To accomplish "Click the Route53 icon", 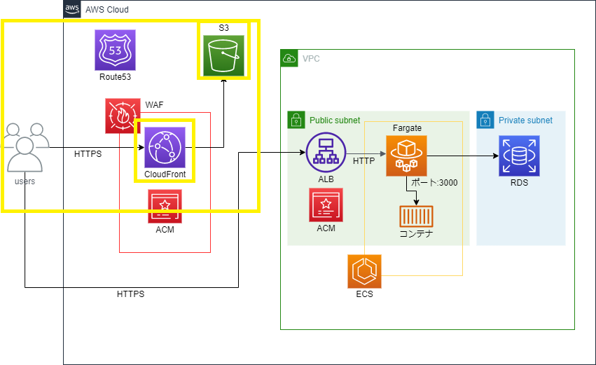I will [115, 50].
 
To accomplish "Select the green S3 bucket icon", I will [223, 55].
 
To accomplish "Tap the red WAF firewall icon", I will [123, 116].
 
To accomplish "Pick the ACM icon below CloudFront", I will [165, 207].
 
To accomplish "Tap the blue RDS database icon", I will [520, 156].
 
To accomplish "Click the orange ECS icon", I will [364, 272].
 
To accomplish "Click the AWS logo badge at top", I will [72, 8].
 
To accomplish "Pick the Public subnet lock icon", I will [296, 120].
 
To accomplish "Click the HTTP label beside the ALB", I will [363, 161].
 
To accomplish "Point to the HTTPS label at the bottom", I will [130, 294].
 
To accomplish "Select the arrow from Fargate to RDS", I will [462, 156].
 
